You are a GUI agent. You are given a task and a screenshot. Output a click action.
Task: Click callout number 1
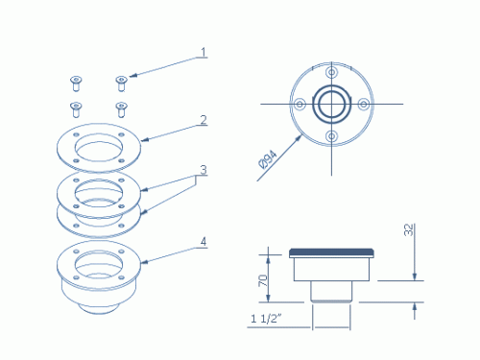click(x=204, y=52)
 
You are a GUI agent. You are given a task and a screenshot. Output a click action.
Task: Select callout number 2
click(x=204, y=120)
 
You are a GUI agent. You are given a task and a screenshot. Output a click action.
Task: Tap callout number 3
click(x=204, y=170)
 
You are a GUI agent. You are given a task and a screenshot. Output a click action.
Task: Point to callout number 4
click(x=204, y=242)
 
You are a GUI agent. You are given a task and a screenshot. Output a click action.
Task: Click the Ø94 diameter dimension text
click(x=268, y=159)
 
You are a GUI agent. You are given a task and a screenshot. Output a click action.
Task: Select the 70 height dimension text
click(x=263, y=280)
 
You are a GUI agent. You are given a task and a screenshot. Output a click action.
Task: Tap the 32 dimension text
click(x=409, y=229)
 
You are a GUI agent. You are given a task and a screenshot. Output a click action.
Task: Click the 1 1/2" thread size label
click(x=266, y=319)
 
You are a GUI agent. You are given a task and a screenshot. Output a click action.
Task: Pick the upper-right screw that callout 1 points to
click(x=121, y=84)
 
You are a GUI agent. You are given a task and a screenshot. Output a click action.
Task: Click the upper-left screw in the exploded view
click(x=76, y=84)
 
